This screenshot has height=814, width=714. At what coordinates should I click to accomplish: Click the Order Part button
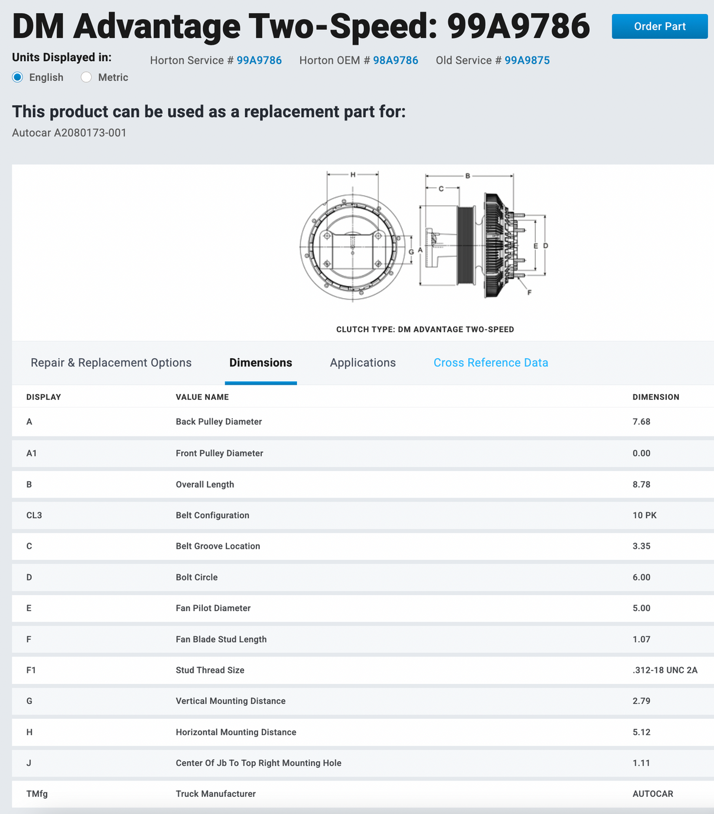[659, 26]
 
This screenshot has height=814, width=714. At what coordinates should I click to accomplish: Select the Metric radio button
[86, 77]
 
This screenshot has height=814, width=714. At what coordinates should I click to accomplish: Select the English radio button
[17, 77]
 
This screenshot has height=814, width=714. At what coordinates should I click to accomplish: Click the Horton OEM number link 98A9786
[395, 60]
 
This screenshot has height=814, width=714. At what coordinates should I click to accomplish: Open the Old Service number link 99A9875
[527, 60]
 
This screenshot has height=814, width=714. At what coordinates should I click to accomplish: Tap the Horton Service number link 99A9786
[259, 60]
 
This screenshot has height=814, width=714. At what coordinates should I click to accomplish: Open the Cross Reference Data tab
[491, 362]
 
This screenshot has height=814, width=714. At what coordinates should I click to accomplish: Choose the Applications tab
[363, 362]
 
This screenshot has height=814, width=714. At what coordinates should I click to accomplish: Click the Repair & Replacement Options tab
[111, 362]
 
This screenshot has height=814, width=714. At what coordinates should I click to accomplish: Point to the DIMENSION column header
[656, 397]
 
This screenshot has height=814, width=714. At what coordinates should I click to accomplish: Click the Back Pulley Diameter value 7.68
[641, 422]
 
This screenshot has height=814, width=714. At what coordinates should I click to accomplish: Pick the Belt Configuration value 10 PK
[645, 515]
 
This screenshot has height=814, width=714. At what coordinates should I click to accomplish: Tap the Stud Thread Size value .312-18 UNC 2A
[665, 670]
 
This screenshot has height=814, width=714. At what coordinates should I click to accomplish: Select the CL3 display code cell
[34, 515]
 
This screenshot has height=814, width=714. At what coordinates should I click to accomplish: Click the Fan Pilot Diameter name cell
[213, 608]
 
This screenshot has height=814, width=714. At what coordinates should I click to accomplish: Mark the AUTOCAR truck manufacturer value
[652, 793]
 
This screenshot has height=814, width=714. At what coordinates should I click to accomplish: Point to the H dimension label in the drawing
[353, 174]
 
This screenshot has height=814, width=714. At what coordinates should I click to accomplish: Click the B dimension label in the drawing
[468, 176]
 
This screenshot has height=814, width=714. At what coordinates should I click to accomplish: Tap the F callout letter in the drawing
[529, 292]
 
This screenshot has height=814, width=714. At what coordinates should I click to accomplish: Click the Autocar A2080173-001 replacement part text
[69, 132]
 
